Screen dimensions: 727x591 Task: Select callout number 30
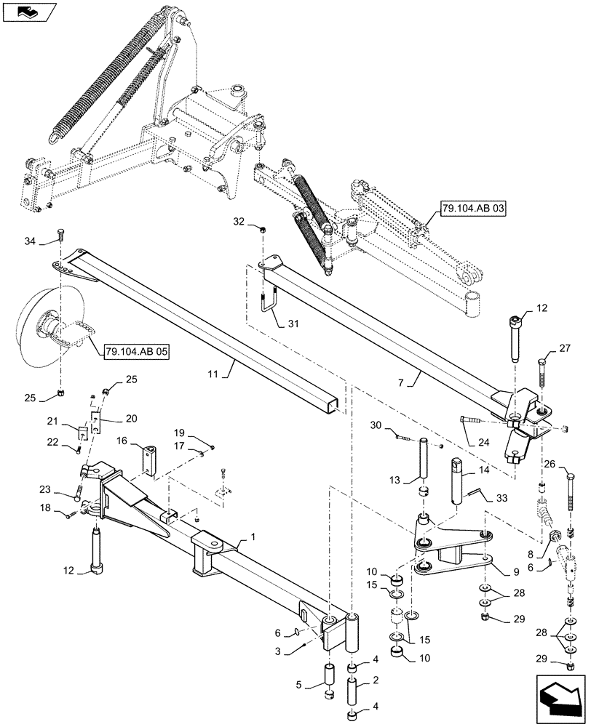click(x=377, y=425)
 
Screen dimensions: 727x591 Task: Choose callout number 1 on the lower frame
click(x=253, y=536)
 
